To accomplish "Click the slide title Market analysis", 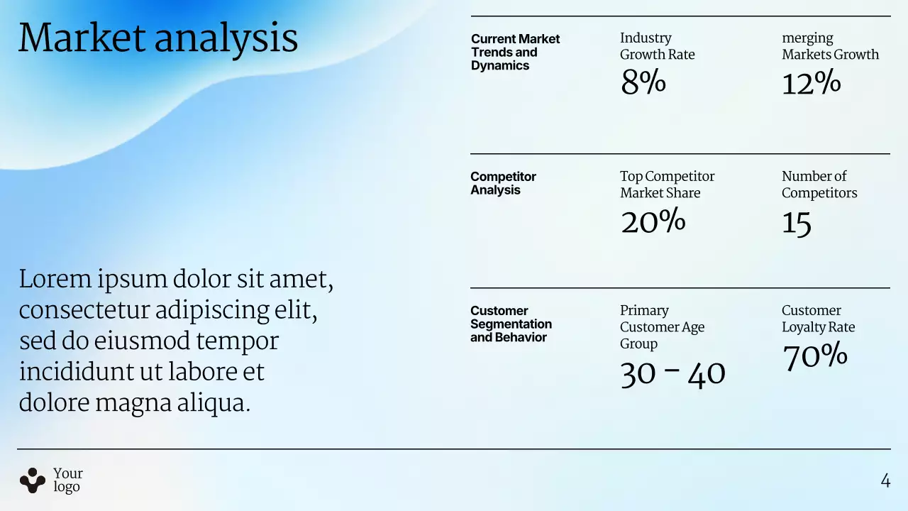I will click(157, 38).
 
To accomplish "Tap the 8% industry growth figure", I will click(643, 82).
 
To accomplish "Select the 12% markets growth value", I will click(811, 83).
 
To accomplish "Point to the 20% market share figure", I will click(653, 221).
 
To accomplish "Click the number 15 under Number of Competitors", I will click(797, 224).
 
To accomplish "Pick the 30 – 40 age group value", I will click(672, 374).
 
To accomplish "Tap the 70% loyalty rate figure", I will click(815, 356).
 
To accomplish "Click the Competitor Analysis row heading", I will click(503, 183).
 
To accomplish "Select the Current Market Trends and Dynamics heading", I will click(515, 52).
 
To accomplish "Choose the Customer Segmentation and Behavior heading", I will click(511, 324).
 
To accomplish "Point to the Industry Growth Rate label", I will click(657, 46).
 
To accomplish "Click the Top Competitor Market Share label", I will click(667, 185).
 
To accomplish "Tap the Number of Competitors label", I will click(819, 185).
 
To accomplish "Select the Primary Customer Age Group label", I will click(662, 326).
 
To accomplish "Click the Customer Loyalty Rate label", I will click(818, 319).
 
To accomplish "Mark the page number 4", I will click(885, 480).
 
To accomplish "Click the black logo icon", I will click(32, 480).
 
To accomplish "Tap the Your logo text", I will click(68, 480).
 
